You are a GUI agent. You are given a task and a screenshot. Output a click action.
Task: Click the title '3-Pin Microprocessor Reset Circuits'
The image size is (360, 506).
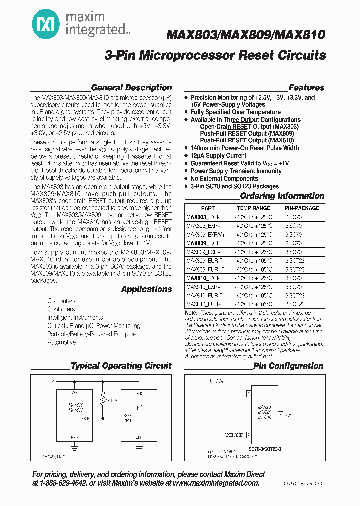[x=215, y=56]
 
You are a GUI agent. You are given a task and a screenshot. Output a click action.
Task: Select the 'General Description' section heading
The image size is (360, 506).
[x=131, y=88]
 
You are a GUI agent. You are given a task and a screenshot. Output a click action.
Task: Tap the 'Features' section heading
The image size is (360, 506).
[x=306, y=88]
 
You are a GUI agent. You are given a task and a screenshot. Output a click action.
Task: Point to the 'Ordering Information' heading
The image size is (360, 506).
[x=282, y=196]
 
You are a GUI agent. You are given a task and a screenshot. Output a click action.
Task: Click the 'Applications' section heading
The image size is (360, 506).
[x=146, y=289]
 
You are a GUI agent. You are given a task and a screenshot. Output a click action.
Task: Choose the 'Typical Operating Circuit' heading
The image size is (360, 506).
[x=121, y=366]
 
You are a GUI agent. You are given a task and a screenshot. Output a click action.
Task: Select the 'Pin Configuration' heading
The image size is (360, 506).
[x=288, y=366]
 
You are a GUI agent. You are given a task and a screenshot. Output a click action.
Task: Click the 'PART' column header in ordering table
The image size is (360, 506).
[x=208, y=208]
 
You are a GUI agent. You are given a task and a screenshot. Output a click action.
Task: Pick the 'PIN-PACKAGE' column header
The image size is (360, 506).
[x=302, y=208]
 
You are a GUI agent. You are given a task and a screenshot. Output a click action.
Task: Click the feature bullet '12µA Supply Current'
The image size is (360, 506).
[x=218, y=156]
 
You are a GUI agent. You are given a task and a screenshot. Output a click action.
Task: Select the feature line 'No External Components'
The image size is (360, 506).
[x=224, y=178]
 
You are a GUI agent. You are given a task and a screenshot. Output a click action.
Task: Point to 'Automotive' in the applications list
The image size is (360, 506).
[x=61, y=342]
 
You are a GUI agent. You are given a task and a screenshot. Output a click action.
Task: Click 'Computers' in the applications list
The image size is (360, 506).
[x=61, y=301]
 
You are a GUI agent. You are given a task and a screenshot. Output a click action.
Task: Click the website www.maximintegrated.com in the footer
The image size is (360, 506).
[x=217, y=483]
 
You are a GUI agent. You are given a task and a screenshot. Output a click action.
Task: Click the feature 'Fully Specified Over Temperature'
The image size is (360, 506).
[x=235, y=112]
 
